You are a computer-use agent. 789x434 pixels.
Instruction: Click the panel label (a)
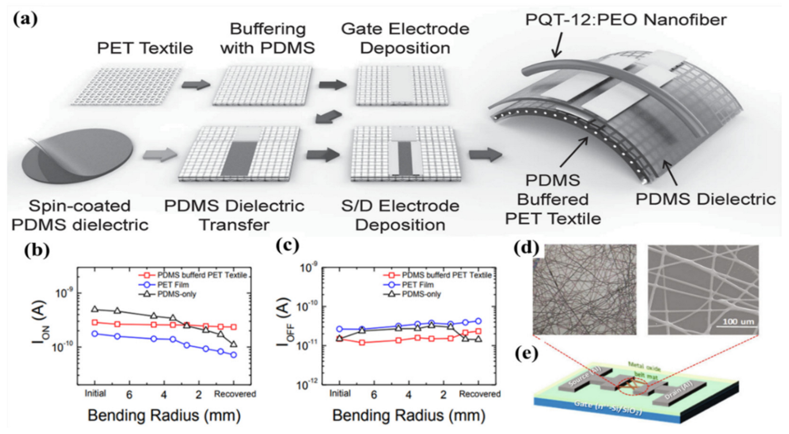click(x=26, y=20)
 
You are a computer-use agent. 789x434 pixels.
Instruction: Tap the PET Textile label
click(x=145, y=48)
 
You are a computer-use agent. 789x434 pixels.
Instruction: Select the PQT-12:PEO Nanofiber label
click(x=626, y=20)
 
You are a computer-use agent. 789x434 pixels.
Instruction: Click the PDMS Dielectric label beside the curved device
click(x=705, y=199)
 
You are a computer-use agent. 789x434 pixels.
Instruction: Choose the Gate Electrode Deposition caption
click(x=405, y=38)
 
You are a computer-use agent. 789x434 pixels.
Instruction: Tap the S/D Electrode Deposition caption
click(x=400, y=215)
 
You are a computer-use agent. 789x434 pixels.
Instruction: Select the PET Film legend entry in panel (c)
click(x=417, y=285)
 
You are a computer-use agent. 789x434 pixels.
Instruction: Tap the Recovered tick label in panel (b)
click(x=234, y=394)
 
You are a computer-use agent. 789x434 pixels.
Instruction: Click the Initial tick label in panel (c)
click(x=340, y=393)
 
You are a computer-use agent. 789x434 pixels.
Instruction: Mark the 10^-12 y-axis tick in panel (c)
click(x=308, y=384)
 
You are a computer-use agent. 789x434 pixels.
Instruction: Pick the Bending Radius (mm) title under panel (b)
click(x=164, y=416)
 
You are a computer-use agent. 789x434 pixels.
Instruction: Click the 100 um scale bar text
click(x=737, y=321)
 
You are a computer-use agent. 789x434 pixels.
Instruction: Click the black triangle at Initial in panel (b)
click(x=95, y=309)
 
